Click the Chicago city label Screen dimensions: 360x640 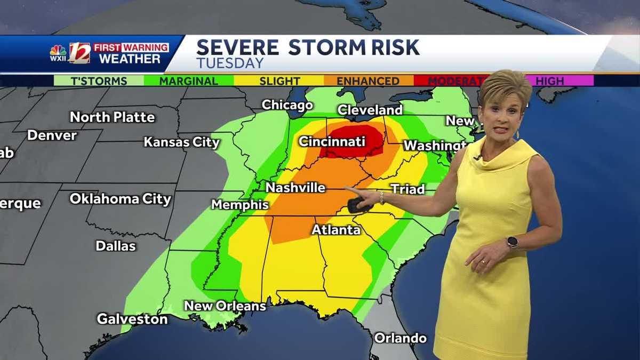pos(287,105)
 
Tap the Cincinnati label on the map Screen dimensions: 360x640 pos(332,141)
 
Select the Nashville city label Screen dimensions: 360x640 pos(295,188)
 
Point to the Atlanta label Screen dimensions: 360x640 pos(336,230)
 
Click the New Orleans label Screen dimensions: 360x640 pos(225,306)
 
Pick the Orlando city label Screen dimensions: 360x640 pos(400,338)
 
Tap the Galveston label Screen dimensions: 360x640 pos(132,319)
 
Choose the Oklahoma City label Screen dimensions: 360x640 pos(121,199)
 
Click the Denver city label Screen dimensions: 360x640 pos(52,135)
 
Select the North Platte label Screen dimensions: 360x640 pos(113,117)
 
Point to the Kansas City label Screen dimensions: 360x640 pos(182,142)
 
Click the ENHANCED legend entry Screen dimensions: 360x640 pos(368,81)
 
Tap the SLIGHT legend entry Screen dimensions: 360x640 pos(279,81)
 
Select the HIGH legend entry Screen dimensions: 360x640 pos(549,81)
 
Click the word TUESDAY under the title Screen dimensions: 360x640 pos(230,63)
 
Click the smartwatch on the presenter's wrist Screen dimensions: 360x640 pos(512,242)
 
